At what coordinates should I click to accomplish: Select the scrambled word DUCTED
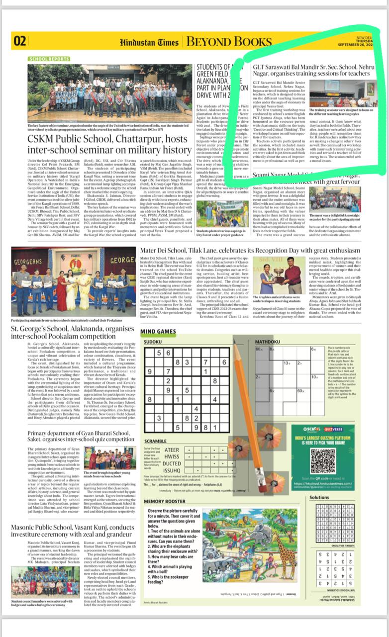[x=172, y=463]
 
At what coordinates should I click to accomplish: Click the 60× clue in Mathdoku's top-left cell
[x=259, y=350]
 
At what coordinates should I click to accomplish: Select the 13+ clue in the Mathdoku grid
[x=287, y=364]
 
